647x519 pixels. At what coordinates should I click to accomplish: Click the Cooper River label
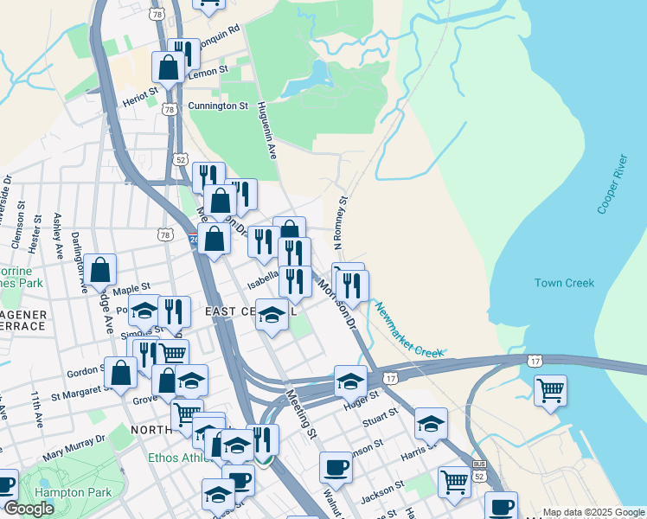tap(611, 184)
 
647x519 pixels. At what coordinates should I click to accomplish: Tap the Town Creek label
tap(564, 283)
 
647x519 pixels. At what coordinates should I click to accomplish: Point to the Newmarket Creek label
tap(409, 330)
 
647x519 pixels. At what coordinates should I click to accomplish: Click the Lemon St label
tap(208, 68)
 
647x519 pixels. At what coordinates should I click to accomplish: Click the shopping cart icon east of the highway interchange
tap(550, 390)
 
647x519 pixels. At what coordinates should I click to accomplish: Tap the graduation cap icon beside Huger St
tap(350, 381)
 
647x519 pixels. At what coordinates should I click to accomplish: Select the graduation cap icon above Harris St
tap(431, 423)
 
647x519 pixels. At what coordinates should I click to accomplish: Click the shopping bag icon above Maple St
tap(100, 270)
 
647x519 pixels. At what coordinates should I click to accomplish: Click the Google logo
tap(29, 509)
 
